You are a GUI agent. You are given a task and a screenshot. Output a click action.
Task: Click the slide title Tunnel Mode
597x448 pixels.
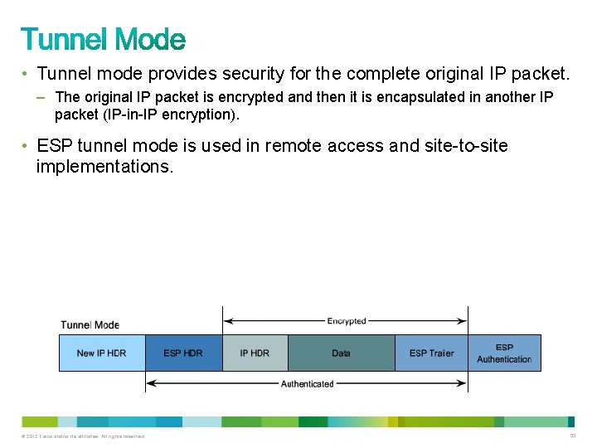103,40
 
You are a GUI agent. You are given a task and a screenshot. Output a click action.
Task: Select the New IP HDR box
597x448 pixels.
101,353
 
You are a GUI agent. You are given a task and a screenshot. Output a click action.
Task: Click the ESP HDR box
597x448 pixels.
183,353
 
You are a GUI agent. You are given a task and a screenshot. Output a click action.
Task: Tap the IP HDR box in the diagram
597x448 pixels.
255,353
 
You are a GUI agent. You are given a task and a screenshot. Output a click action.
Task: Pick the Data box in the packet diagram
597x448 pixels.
341,353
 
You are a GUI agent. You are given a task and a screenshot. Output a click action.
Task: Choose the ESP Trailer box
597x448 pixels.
431,353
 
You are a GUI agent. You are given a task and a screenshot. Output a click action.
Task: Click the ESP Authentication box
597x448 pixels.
504,353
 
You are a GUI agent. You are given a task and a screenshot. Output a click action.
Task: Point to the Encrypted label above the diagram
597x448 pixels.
347,321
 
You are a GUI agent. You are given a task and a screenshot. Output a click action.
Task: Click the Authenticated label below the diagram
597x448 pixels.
307,384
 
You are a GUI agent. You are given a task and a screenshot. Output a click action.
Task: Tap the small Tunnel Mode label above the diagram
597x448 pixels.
90,324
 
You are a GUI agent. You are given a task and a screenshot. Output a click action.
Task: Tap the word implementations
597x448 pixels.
105,166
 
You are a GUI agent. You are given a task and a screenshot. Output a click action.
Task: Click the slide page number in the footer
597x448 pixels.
572,436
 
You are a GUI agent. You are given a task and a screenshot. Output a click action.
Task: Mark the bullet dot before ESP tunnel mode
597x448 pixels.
27,146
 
